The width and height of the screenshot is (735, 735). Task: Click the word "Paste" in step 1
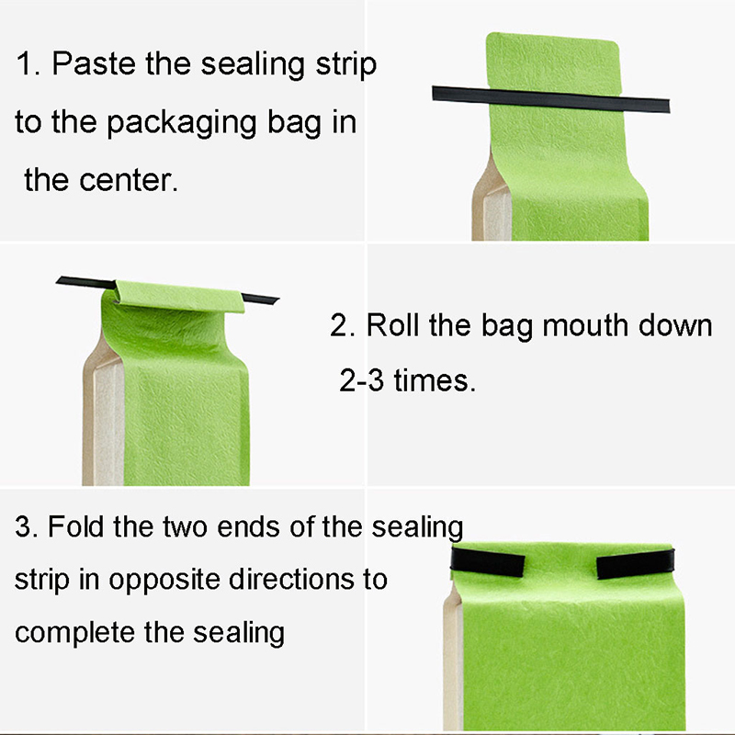(x=94, y=63)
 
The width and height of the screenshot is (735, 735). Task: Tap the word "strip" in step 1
(x=346, y=65)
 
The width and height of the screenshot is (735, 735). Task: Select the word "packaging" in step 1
(x=182, y=124)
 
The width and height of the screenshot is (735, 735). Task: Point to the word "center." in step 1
(x=129, y=180)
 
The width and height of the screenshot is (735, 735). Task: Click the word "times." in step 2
(x=435, y=380)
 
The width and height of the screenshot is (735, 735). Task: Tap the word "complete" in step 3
(x=74, y=634)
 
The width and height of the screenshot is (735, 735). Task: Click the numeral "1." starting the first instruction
(x=28, y=63)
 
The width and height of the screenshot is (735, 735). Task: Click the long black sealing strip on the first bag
(x=550, y=99)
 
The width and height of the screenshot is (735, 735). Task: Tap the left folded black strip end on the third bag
(x=488, y=561)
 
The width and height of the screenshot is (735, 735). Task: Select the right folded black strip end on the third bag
(x=636, y=564)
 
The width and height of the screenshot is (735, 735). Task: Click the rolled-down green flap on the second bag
(x=180, y=296)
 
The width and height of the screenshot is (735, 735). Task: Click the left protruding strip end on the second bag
(x=85, y=283)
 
